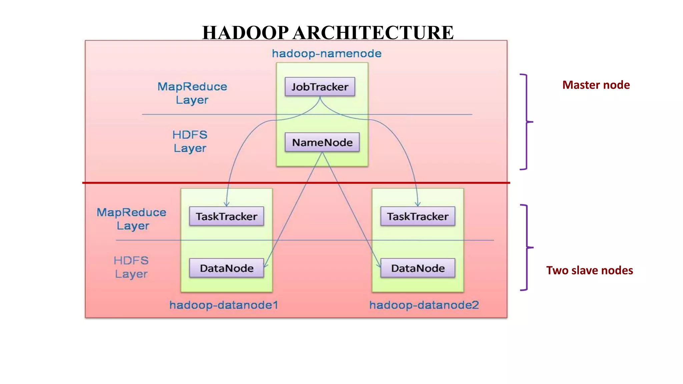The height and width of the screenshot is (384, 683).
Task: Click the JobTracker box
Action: coord(320,87)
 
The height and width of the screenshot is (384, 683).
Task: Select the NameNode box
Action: coord(322,142)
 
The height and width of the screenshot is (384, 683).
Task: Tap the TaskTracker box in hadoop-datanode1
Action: coord(226,216)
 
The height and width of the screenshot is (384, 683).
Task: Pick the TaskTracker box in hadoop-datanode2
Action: coord(418,216)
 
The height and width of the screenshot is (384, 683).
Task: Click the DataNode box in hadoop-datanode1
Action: coord(226,268)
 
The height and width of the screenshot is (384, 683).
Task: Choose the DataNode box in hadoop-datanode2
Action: coord(418,268)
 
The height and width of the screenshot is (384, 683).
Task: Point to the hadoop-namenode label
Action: coord(326,54)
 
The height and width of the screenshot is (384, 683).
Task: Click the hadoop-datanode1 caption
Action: coord(223,305)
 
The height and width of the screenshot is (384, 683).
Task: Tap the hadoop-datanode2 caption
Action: coord(424,305)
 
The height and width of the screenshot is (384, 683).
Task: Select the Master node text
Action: coord(596,85)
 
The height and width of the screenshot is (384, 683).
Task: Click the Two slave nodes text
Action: coord(589,270)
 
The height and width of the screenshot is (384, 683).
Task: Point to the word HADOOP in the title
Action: coord(245,33)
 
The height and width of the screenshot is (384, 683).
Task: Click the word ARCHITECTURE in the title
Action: coord(373,33)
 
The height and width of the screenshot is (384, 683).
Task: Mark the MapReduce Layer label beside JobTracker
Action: coord(192,93)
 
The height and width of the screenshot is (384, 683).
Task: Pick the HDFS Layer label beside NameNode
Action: coord(190,141)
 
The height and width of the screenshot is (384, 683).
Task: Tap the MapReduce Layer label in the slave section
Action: coord(131,219)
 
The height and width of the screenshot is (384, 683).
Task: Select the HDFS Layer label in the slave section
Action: coord(131,267)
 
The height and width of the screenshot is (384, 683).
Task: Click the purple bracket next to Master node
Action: coord(526,122)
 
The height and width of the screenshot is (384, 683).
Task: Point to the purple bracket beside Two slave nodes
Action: coord(527,248)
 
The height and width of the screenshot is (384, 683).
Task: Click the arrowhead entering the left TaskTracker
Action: coord(227,204)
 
